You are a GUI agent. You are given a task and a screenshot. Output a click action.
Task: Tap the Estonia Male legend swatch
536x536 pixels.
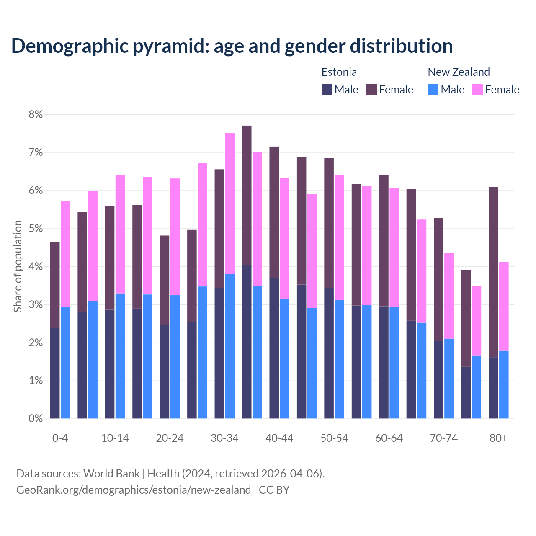coord(327,90)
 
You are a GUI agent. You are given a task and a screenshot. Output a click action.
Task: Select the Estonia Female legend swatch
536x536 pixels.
coord(371,90)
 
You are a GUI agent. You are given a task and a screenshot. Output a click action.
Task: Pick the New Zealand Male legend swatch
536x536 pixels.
coord(433,90)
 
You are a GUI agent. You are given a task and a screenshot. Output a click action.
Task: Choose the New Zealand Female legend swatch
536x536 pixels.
coord(477,90)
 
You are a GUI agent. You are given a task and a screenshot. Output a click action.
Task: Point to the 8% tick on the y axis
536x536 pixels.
coord(36,114)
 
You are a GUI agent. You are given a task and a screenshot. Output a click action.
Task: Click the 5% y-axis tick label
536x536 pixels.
coord(36,229)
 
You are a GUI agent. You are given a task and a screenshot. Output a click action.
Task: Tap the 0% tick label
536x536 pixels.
coord(36,419)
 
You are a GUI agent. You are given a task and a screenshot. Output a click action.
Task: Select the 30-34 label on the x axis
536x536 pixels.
coord(224,438)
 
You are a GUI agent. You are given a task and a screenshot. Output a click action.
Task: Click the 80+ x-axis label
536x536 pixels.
coord(498,438)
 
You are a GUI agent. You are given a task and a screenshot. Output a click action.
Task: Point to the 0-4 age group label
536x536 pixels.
coord(60,438)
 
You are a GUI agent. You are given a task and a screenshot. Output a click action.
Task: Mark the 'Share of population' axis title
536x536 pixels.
coord(18,266)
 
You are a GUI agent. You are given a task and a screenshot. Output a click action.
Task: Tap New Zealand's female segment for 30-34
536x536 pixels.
coord(230,204)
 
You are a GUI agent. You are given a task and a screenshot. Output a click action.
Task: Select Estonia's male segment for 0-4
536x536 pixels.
coord(55,373)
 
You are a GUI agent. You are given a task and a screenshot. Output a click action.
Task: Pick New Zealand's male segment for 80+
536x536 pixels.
coord(504,384)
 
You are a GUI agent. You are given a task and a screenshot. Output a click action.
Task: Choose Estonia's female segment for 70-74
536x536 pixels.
coord(438,279)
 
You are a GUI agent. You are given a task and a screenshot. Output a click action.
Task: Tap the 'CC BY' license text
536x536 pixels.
coord(274,490)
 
